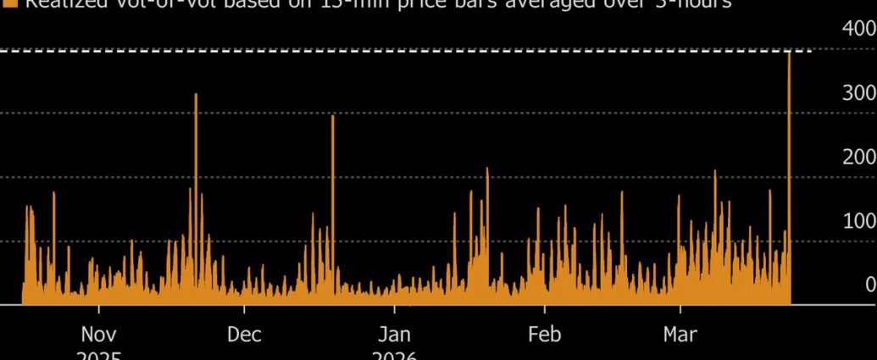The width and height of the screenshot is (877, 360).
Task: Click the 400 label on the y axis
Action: tap(858, 29)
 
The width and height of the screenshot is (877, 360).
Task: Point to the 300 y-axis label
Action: tap(858, 92)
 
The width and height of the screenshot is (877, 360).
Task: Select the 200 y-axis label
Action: tap(858, 157)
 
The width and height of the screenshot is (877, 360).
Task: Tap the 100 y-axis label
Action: tap(858, 220)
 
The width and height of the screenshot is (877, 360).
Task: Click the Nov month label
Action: tap(99, 334)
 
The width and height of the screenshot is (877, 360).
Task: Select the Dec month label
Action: tap(244, 334)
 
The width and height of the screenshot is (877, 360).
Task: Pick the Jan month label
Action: tap(395, 334)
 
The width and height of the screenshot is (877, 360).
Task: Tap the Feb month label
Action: tap(545, 334)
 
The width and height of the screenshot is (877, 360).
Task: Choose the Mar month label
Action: tap(680, 334)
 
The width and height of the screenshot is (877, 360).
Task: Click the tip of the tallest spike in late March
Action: tap(789, 53)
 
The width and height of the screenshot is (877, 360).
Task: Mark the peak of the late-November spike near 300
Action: tap(196, 95)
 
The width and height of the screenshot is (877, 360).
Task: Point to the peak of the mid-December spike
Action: tap(332, 117)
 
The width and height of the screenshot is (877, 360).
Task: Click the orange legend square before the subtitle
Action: tap(10, 3)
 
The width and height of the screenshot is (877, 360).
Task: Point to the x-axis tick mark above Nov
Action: tap(99, 309)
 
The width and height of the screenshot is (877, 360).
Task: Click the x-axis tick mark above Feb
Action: tap(545, 309)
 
